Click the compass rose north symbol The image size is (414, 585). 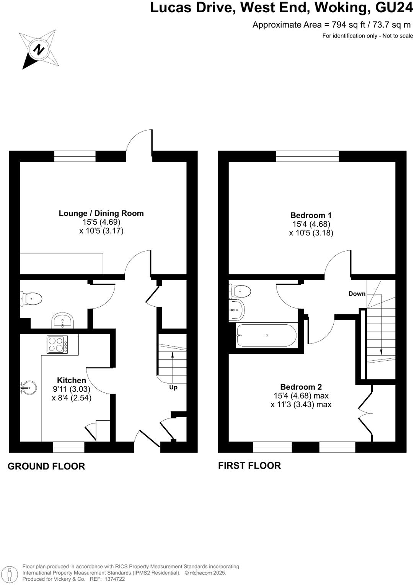click(38, 49)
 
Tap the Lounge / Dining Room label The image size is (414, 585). click(101, 213)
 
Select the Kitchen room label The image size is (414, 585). click(72, 380)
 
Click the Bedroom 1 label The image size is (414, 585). click(311, 215)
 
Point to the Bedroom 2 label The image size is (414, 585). click(301, 387)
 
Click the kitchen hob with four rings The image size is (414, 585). click(57, 344)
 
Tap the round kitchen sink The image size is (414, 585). click(28, 388)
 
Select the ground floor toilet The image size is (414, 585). click(31, 299)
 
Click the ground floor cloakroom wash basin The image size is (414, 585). click(62, 320)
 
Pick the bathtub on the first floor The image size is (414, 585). click(266, 335)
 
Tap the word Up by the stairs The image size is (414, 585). click(173, 387)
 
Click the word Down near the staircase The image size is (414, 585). click(357, 294)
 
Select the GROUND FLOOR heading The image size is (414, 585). click(46, 466)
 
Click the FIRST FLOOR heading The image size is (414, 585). click(249, 466)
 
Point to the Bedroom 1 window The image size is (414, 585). click(307, 156)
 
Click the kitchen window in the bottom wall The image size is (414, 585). click(68, 447)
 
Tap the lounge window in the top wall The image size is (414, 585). click(75, 156)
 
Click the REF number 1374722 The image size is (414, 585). click(113, 579)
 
